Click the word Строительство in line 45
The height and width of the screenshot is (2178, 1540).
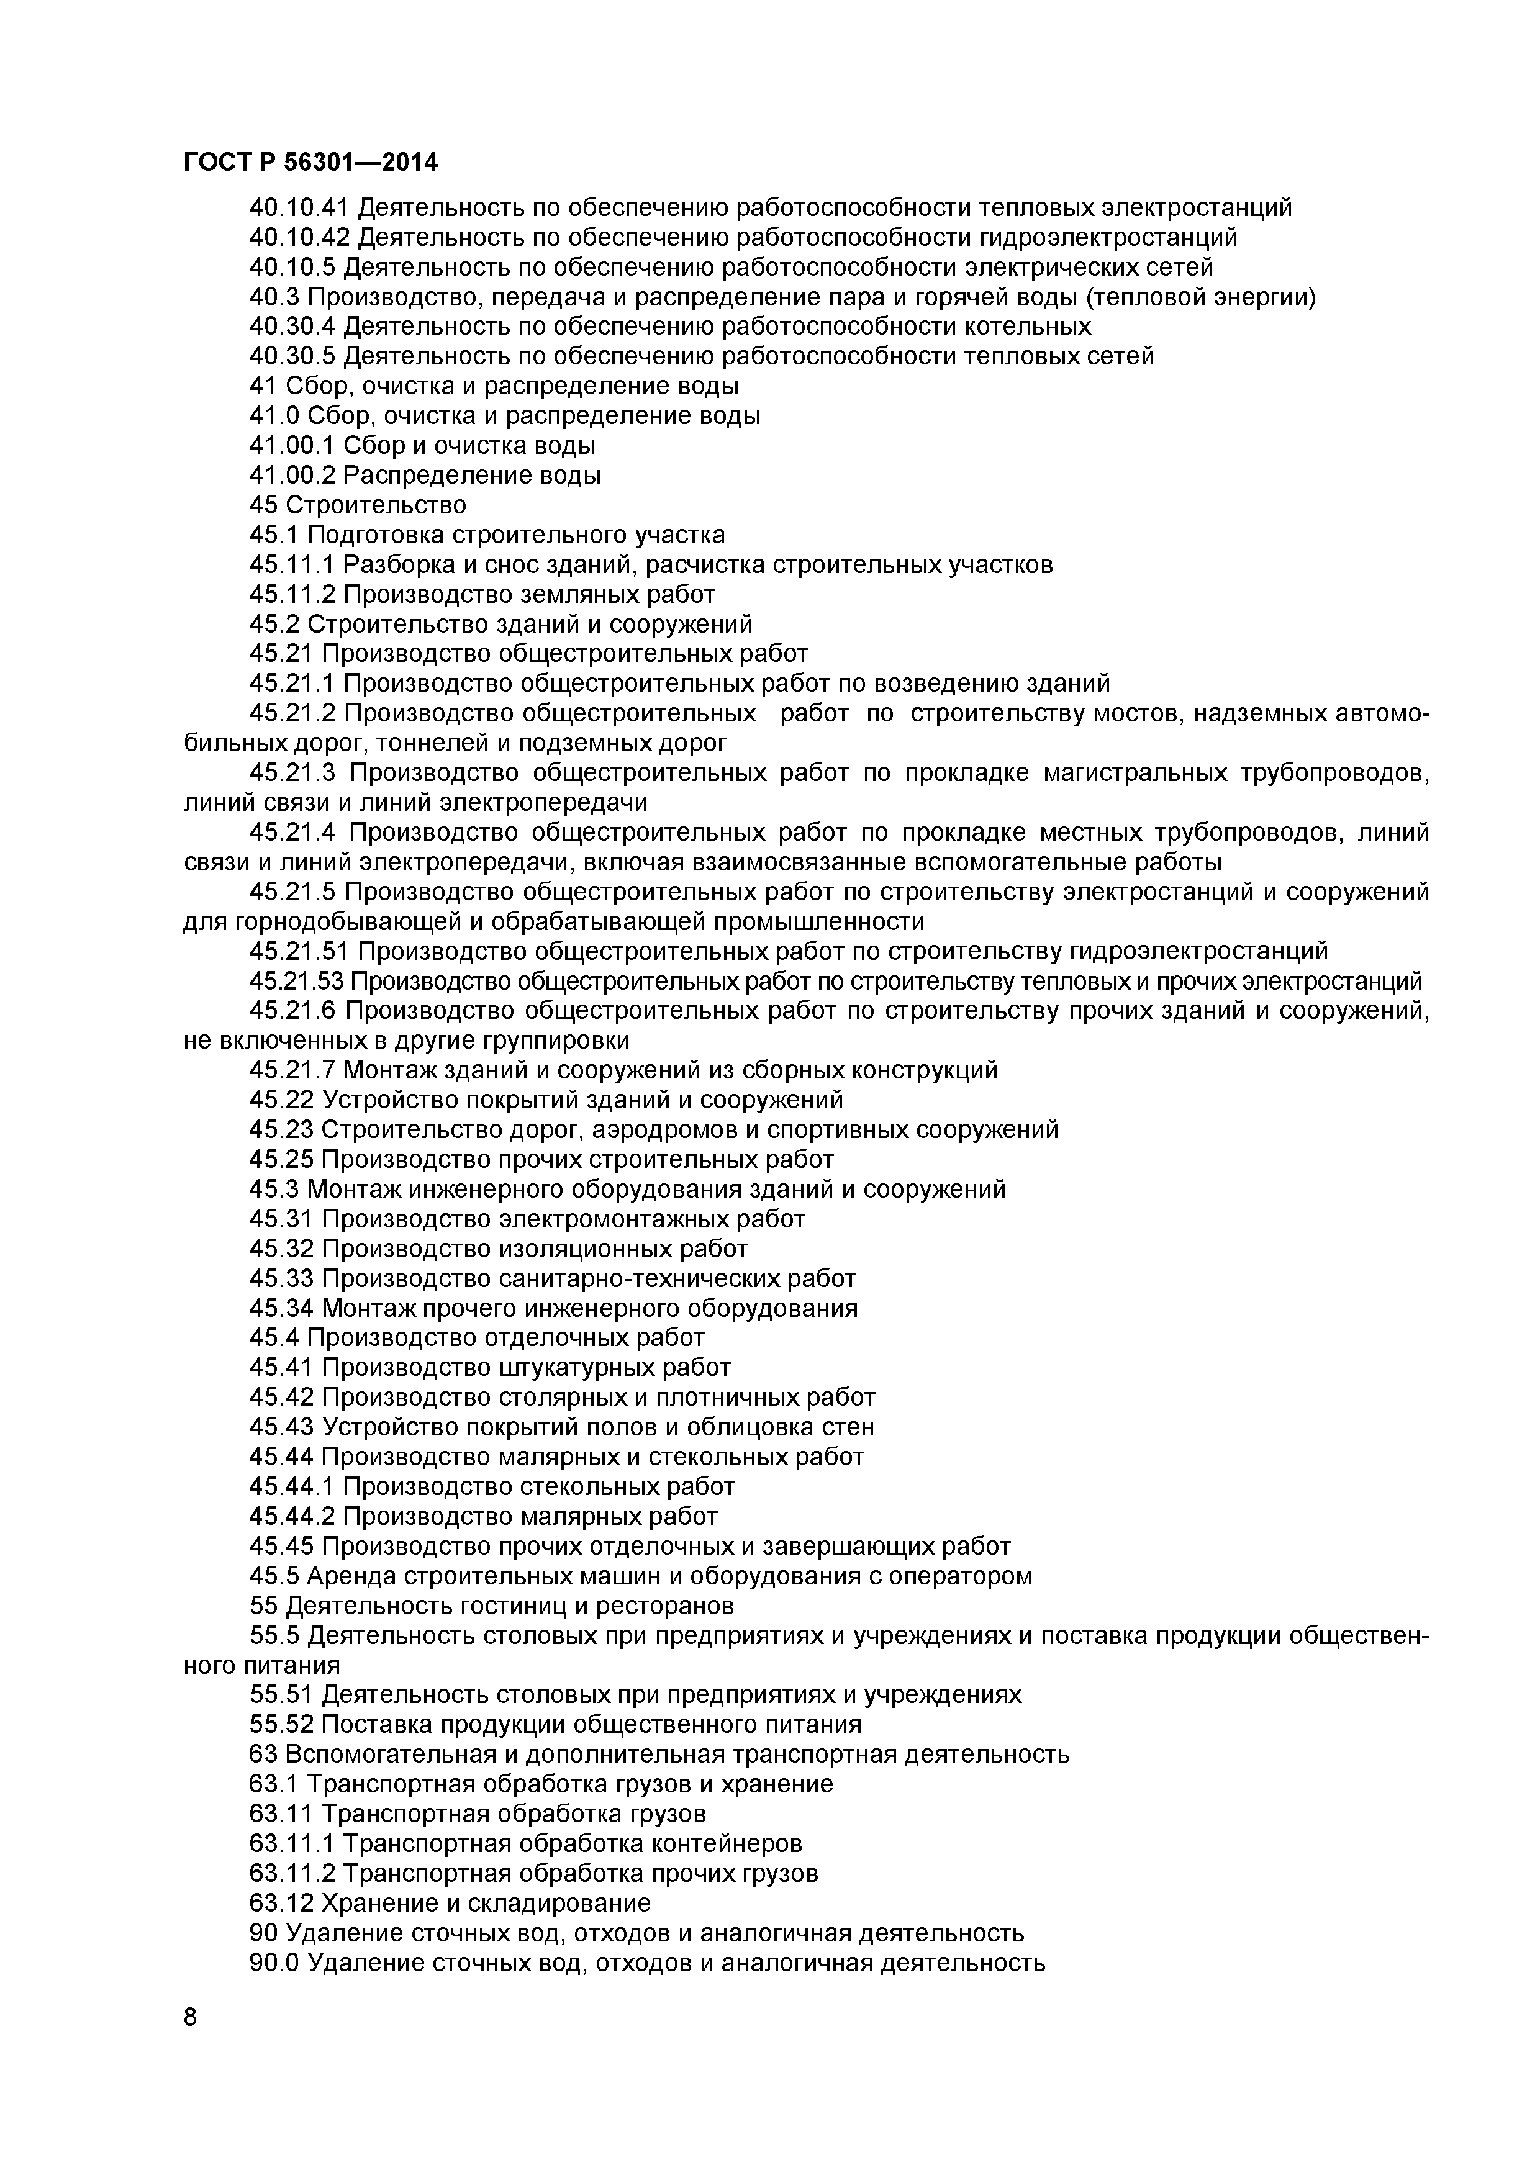(x=375, y=505)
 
